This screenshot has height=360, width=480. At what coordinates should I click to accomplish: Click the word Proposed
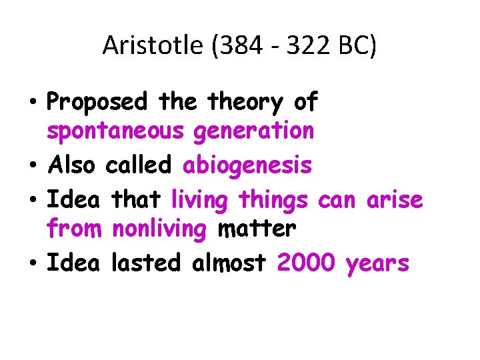pyautogui.click(x=97, y=103)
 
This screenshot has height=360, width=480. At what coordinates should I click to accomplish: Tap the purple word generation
pyautogui.click(x=253, y=131)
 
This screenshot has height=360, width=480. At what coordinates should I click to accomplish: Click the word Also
pyautogui.click(x=73, y=165)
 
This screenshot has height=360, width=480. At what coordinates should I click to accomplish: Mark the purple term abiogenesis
pyautogui.click(x=247, y=165)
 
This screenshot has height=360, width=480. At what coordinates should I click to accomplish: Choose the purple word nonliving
pyautogui.click(x=160, y=229)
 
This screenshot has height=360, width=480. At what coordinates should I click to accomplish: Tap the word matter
pyautogui.click(x=257, y=229)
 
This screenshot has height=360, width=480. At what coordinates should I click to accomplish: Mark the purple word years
pyautogui.click(x=377, y=263)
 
